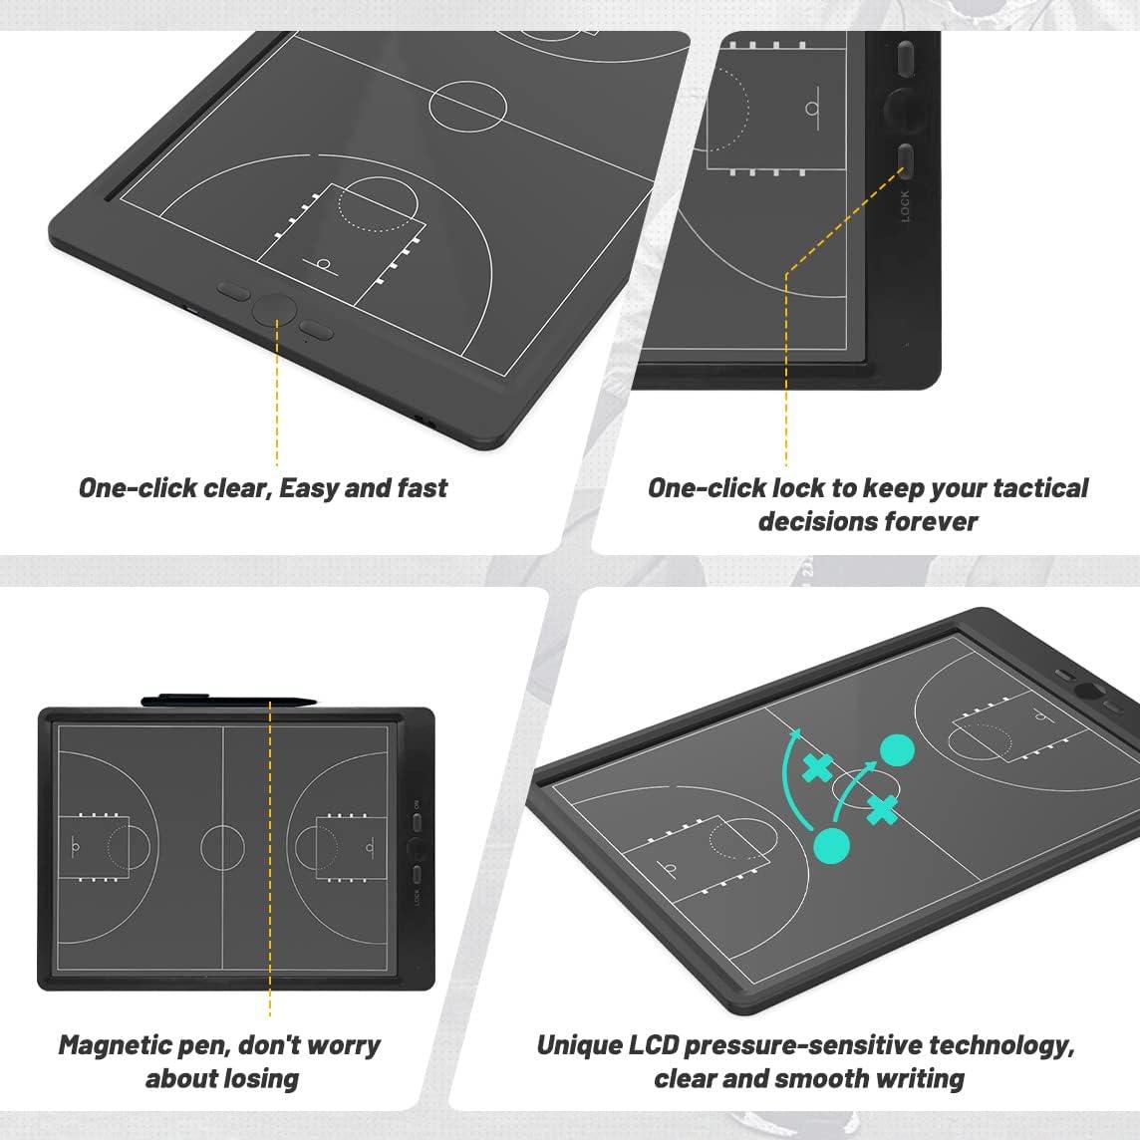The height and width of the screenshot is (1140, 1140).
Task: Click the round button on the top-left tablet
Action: point(273,309)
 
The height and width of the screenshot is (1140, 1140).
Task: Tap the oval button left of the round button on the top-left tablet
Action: point(233,292)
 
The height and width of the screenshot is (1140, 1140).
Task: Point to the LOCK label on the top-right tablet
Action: point(905,206)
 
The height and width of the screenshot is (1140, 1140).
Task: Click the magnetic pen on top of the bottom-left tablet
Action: point(229,700)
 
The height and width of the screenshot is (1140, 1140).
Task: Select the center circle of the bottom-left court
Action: point(222,847)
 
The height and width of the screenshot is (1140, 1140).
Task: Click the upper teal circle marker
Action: point(898,750)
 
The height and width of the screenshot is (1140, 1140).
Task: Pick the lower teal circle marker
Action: point(832,845)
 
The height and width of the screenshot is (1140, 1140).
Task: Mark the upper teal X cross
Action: point(818,768)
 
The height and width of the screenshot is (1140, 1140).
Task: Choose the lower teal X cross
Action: point(881,811)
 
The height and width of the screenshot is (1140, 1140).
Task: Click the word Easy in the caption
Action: point(310,488)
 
